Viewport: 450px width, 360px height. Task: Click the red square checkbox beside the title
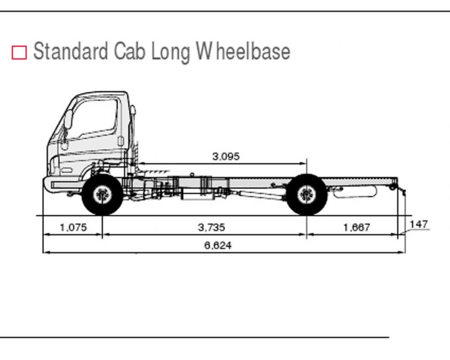tap(19, 52)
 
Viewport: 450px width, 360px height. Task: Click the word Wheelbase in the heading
tap(243, 51)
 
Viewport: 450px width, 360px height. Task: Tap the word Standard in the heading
tap(70, 51)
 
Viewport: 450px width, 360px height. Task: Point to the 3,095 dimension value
tap(226, 156)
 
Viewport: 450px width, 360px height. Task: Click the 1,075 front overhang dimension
tap(73, 227)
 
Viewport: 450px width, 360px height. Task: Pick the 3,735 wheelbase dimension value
tap(211, 227)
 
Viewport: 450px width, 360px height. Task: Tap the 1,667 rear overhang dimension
tap(357, 227)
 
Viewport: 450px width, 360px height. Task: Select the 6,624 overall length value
tap(218, 245)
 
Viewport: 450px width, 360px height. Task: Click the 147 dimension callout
tap(419, 224)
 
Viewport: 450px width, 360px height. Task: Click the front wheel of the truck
tap(102, 194)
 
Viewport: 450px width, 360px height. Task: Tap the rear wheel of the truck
tap(307, 194)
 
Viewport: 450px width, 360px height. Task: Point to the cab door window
tap(94, 118)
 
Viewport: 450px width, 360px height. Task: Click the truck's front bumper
tap(62, 183)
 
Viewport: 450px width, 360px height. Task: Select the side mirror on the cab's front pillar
tap(68, 119)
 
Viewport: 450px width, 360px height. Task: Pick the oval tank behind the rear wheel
tap(355, 191)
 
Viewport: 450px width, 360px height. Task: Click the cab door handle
tap(121, 141)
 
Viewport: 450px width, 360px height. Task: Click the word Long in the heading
tap(170, 52)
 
